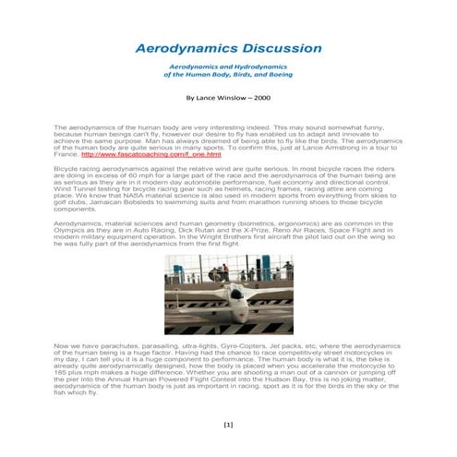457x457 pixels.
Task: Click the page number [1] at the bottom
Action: pyautogui.click(x=229, y=427)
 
